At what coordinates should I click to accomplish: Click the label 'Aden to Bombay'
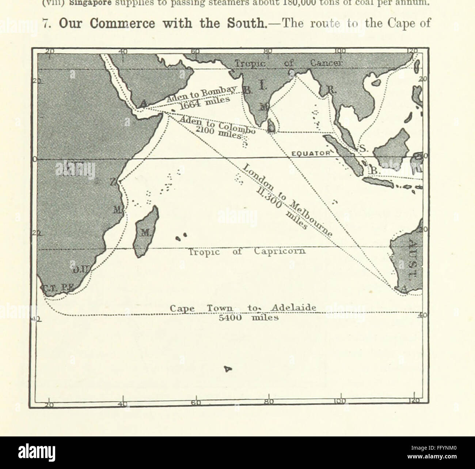point(202,94)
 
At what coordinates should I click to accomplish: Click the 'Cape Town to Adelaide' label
point(243,308)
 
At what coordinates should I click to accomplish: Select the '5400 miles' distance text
point(248,318)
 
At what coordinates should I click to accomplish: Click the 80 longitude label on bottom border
point(269,402)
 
